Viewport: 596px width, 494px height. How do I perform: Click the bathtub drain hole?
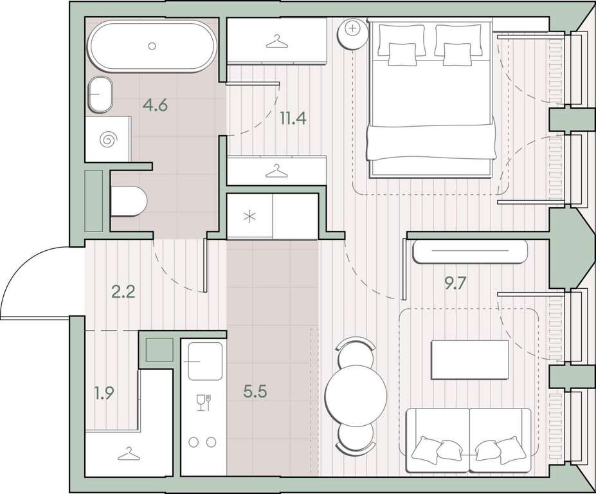click(152, 46)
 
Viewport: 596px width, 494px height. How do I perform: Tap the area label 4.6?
click(155, 105)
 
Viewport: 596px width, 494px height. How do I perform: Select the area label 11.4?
click(293, 118)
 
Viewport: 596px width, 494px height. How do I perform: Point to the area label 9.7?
click(455, 283)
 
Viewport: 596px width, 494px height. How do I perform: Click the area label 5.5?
click(255, 391)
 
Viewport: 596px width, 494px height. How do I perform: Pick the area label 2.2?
click(123, 293)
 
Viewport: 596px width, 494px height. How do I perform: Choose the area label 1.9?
click(104, 393)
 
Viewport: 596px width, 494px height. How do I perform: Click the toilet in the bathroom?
click(129, 201)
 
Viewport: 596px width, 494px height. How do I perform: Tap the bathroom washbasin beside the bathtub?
click(100, 95)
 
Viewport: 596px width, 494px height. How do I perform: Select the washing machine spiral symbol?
click(107, 140)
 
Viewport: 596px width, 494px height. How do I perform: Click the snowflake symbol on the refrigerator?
click(249, 217)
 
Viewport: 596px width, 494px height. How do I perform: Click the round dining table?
click(356, 396)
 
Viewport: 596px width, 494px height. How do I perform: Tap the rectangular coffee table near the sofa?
click(470, 360)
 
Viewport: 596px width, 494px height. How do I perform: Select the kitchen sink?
click(205, 361)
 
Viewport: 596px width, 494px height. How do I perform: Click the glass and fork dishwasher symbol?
click(203, 403)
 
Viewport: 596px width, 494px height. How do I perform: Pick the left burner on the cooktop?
click(194, 442)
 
